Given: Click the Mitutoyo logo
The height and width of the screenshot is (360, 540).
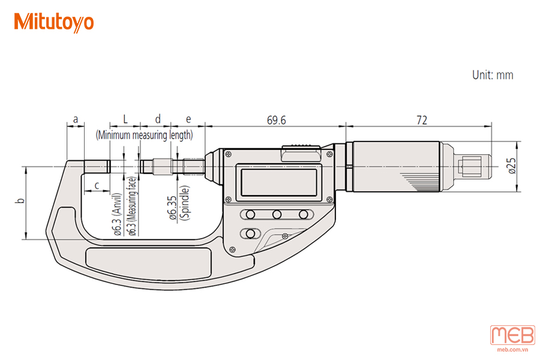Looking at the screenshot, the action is pyautogui.click(x=54, y=22).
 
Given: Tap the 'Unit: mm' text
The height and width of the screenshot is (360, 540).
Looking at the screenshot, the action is pyautogui.click(x=493, y=75).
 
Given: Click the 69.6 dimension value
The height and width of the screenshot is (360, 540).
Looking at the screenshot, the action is pyautogui.click(x=276, y=120).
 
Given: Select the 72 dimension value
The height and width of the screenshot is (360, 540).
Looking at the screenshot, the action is pyautogui.click(x=422, y=120).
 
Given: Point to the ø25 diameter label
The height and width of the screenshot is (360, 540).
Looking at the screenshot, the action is pyautogui.click(x=512, y=166).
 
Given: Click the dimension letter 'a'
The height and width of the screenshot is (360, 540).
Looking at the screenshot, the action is pyautogui.click(x=76, y=119).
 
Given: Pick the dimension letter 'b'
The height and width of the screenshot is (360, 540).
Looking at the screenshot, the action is pyautogui.click(x=22, y=200).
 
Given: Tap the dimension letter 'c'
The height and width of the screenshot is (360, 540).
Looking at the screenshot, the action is pyautogui.click(x=97, y=185).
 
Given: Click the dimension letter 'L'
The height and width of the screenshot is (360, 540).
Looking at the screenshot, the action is pyautogui.click(x=125, y=119).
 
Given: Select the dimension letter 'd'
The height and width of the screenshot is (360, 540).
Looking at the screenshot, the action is pyautogui.click(x=158, y=119).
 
